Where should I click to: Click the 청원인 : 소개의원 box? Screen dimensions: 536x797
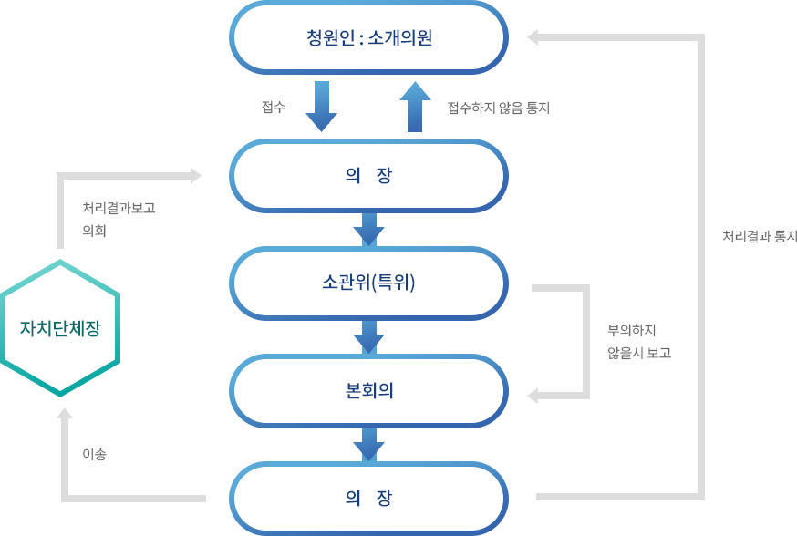click(368, 38)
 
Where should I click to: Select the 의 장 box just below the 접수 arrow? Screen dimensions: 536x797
click(368, 176)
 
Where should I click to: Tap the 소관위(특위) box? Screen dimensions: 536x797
click(368, 283)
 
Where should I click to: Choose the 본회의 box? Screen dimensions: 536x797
click(368, 390)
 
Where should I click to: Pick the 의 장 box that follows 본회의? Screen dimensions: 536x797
click(368, 498)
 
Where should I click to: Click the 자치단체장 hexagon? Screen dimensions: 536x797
click(60, 328)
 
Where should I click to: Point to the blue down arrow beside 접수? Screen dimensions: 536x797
click(321, 106)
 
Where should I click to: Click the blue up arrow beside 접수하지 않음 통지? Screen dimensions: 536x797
click(415, 106)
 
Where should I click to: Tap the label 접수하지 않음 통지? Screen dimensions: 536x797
click(498, 108)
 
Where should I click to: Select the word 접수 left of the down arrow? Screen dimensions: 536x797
click(274, 108)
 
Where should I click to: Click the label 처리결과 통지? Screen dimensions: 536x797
click(760, 236)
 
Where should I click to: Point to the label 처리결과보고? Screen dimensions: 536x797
click(119, 208)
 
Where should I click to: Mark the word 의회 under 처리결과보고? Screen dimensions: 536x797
click(95, 232)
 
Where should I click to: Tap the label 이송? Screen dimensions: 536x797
click(95, 454)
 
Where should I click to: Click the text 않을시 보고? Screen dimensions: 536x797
click(639, 353)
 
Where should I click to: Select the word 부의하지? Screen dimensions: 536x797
click(632, 330)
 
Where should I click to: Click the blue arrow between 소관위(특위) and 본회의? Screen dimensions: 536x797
click(368, 336)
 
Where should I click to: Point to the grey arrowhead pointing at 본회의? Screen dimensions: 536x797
click(533, 396)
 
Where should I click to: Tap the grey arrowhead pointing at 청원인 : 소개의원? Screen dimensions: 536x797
click(533, 37)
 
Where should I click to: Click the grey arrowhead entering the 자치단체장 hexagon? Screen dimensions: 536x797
click(65, 415)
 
